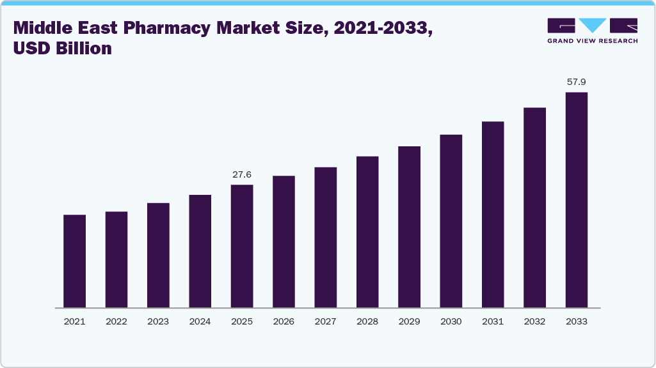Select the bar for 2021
[75, 261]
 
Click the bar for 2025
[242, 246]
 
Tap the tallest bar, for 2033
[577, 199]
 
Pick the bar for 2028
[367, 231]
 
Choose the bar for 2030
[451, 220]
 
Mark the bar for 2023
[158, 255]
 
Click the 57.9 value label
[577, 82]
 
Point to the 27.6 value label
[242, 174]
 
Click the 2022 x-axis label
[116, 321]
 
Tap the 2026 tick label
[284, 321]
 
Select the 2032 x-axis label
[534, 321]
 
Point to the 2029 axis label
[409, 321]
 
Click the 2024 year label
[200, 321]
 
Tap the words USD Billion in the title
[63, 49]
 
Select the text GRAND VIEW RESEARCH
[592, 41]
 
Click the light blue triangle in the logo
[593, 26]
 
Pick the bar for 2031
[493, 214]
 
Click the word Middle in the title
[44, 28]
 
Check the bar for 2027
[326, 237]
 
